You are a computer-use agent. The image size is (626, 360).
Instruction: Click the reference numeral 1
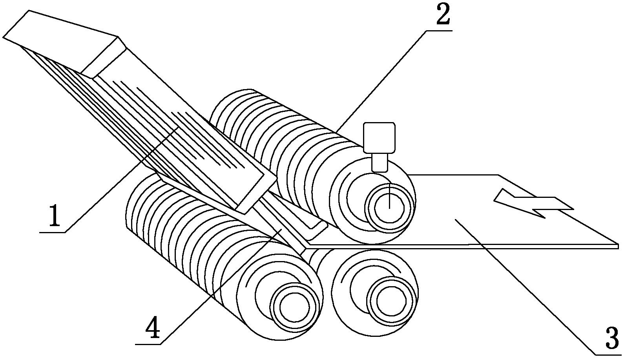pos(55,216)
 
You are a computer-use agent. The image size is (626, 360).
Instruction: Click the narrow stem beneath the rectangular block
pos(380,162)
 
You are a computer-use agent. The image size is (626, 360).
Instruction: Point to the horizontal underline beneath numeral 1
pos(52,232)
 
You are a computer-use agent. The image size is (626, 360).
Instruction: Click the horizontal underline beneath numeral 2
pos(439,30)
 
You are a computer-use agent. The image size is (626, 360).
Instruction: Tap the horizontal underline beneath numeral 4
pos(148,344)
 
